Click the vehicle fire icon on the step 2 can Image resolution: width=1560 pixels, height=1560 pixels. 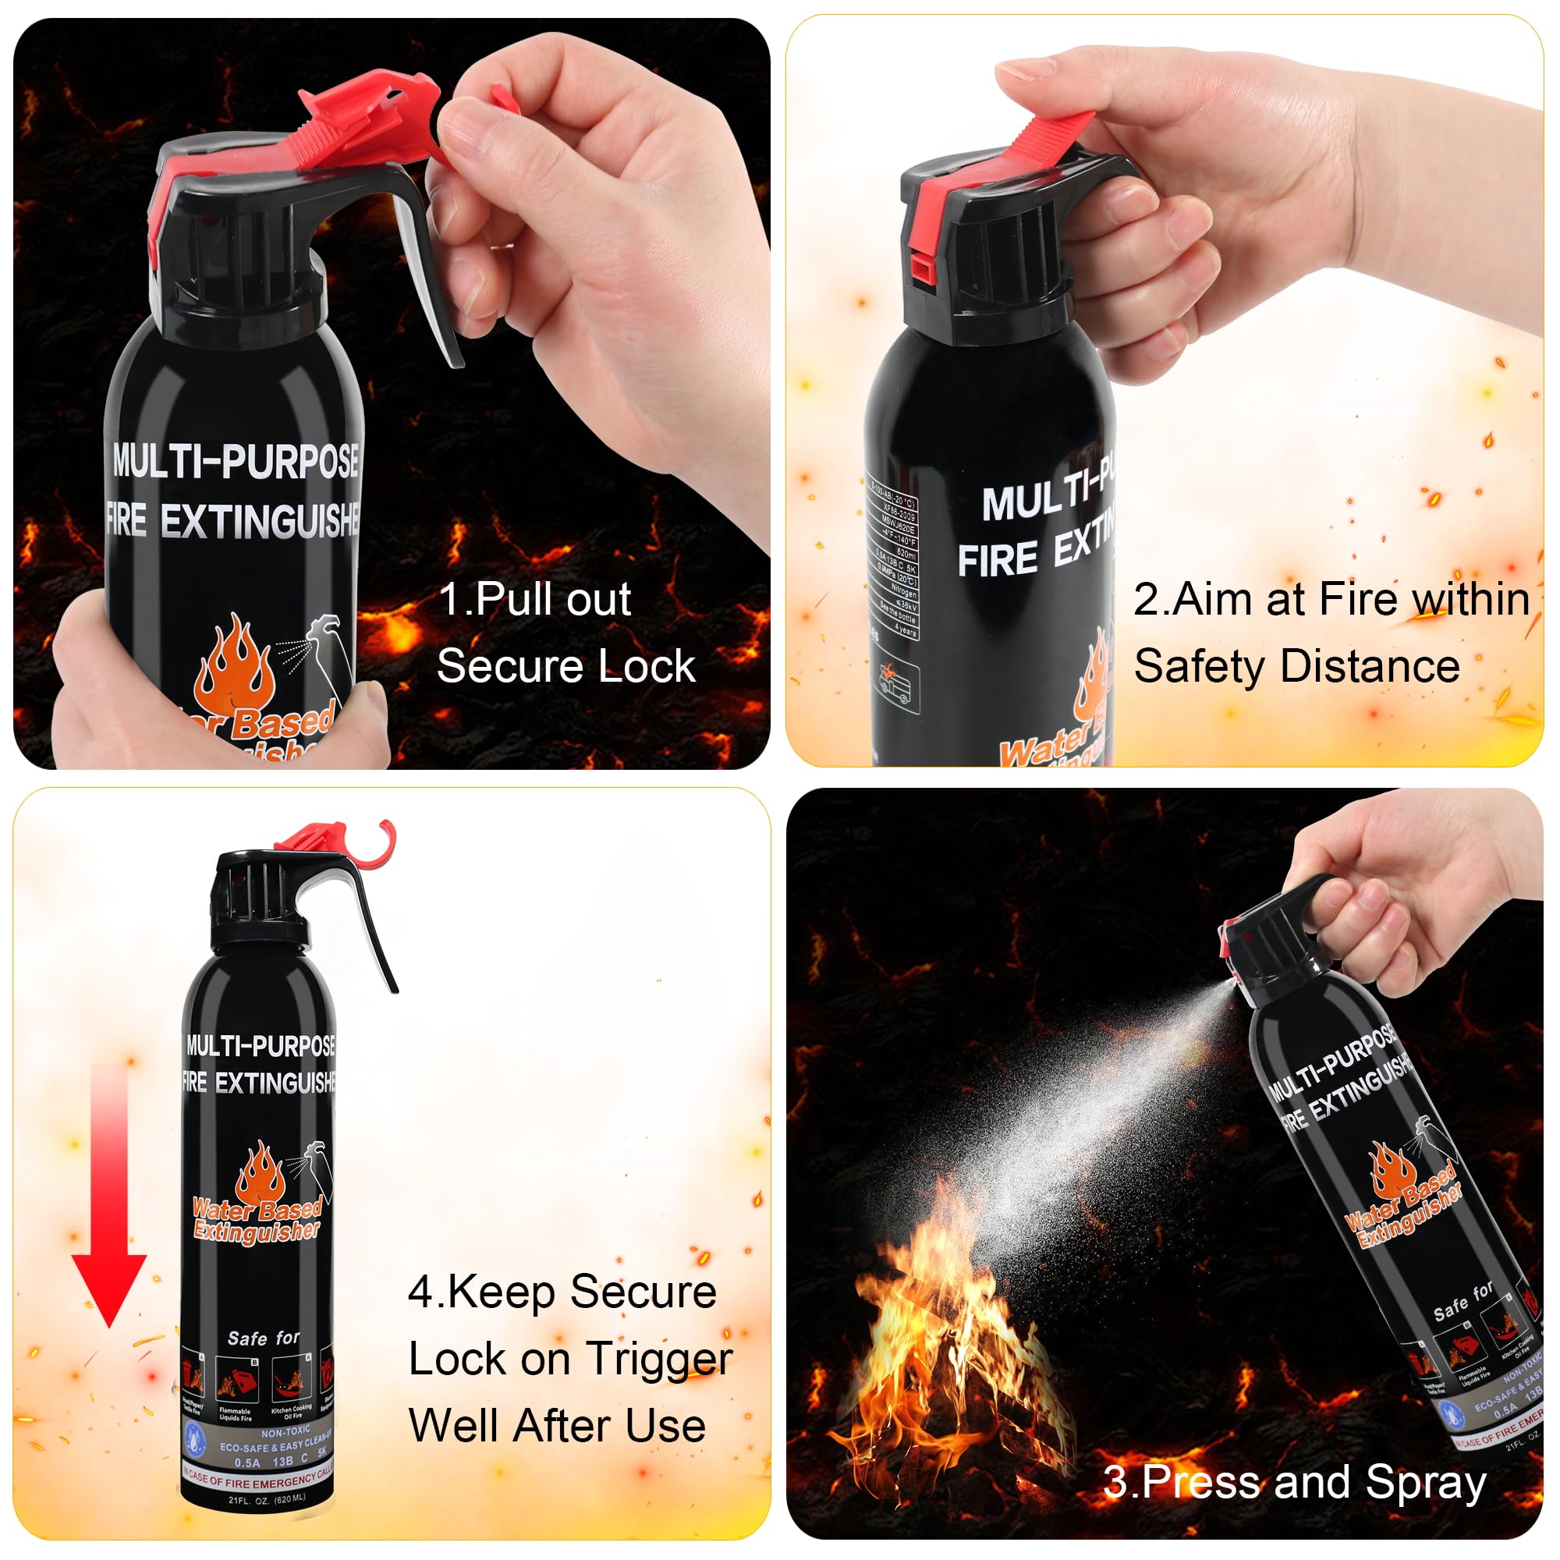click(x=897, y=686)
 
